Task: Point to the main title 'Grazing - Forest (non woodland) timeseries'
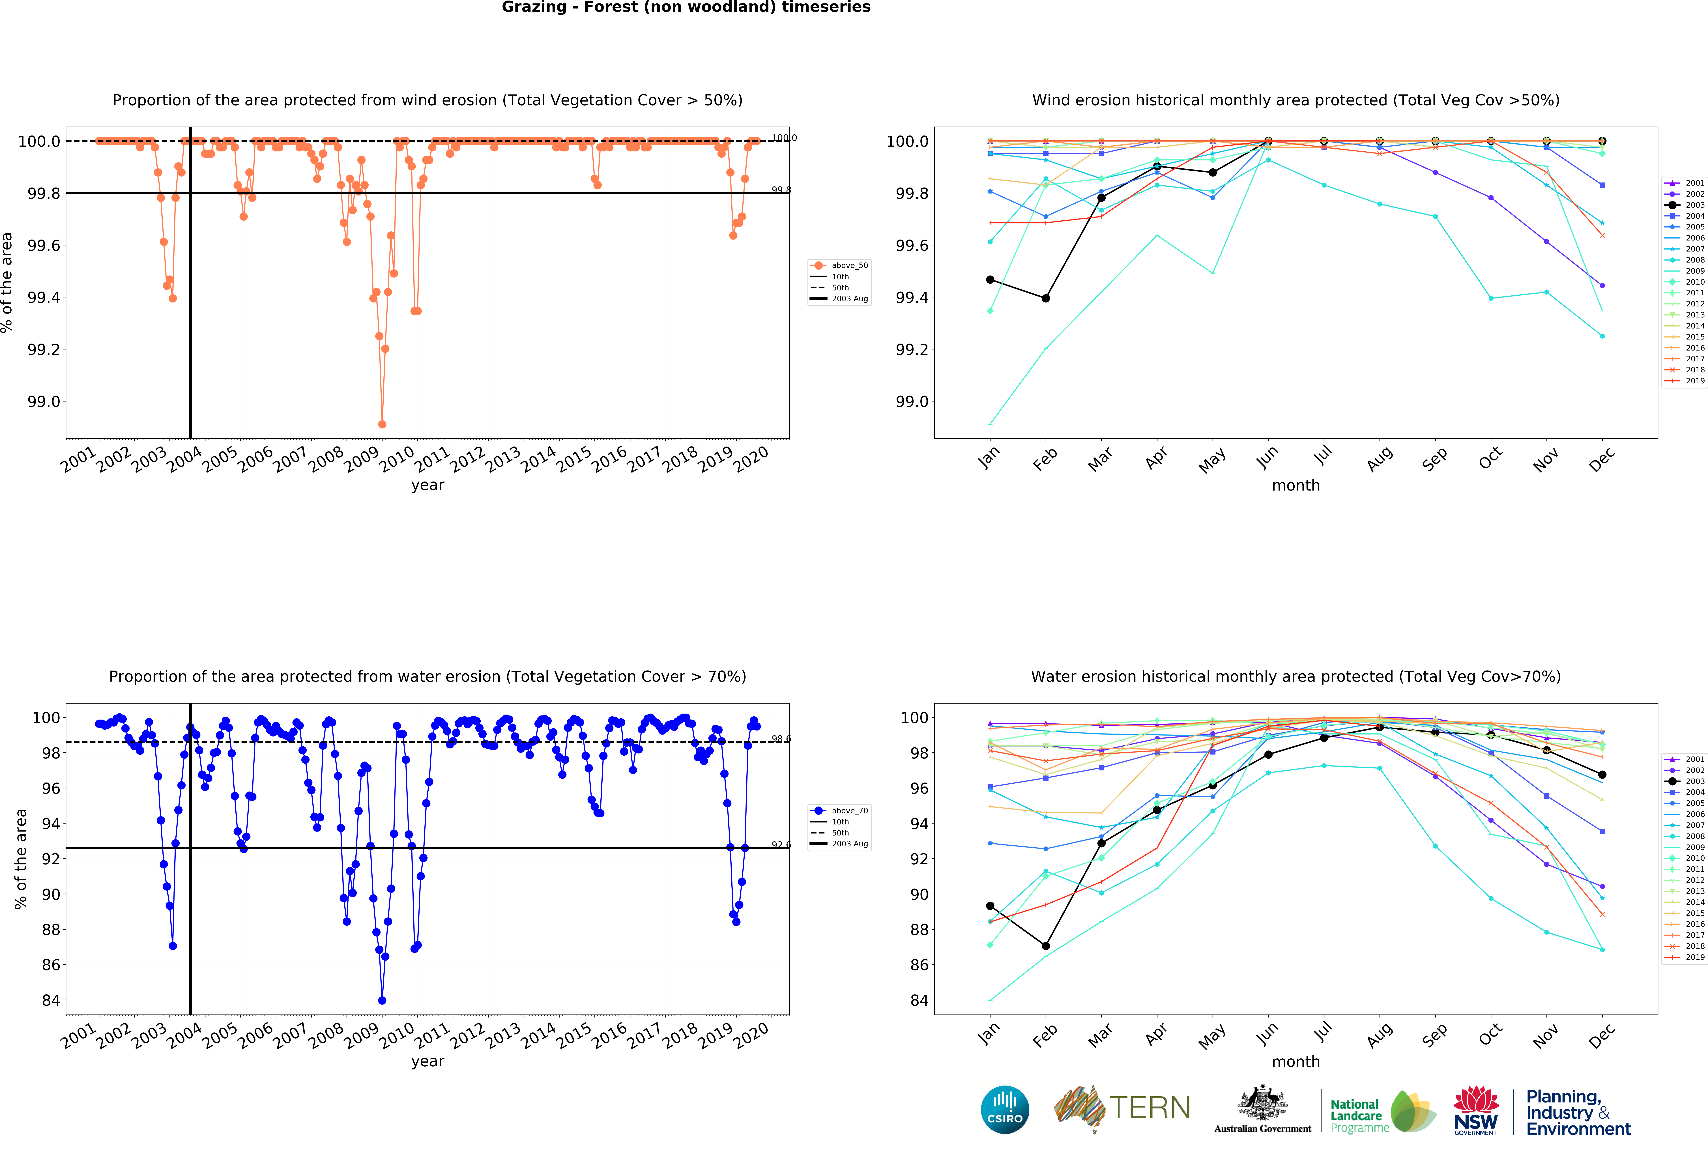click(x=686, y=7)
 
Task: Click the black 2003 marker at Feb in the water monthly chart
click(x=1046, y=946)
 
